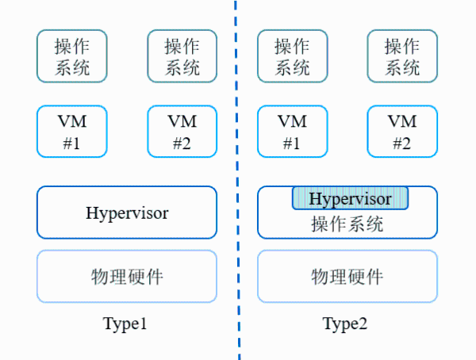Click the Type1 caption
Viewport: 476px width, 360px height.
coord(125,324)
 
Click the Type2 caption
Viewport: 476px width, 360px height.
coord(345,324)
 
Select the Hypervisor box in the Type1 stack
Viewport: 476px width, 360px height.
coord(127,213)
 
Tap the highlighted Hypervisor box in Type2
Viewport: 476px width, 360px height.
coord(350,198)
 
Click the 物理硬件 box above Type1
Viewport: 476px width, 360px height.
coord(127,276)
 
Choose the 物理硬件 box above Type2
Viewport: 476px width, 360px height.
coord(347,276)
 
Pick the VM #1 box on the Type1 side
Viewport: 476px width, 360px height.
coord(72,132)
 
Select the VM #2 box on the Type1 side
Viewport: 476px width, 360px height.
coord(182,132)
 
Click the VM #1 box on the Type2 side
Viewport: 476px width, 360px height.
coord(291,132)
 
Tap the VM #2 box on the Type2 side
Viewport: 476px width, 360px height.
coord(401,132)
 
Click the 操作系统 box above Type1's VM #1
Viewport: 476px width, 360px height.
coord(72,56)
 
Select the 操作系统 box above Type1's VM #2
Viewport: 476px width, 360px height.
coord(182,56)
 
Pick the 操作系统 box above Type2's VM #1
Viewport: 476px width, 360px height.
coord(291,56)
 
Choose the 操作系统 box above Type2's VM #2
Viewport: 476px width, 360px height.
coord(401,56)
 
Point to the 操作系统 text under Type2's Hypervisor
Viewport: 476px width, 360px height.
coord(347,224)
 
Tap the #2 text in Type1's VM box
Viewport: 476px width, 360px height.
coord(182,144)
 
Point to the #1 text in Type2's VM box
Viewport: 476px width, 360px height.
coord(291,144)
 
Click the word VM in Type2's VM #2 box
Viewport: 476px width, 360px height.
coord(401,121)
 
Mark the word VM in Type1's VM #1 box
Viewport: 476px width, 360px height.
coord(72,121)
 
